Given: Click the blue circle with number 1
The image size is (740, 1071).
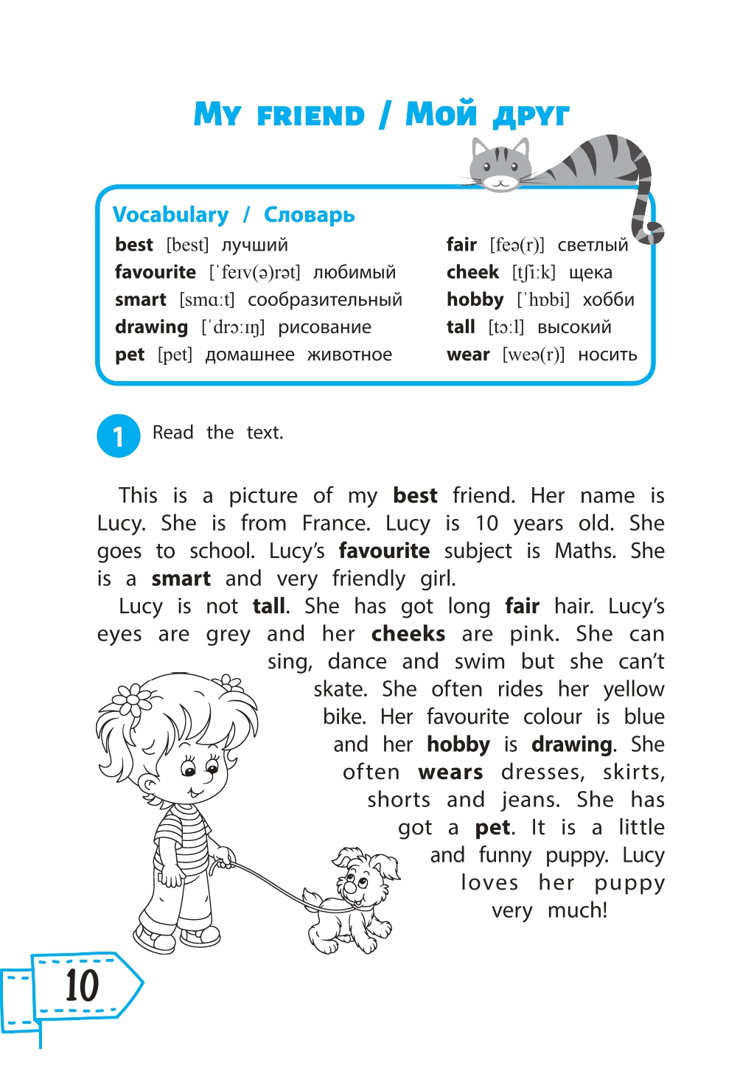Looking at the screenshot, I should pyautogui.click(x=118, y=436).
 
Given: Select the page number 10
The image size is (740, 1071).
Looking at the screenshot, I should pyautogui.click(x=81, y=985).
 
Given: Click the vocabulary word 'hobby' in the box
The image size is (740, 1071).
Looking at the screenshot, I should pyautogui.click(x=475, y=300).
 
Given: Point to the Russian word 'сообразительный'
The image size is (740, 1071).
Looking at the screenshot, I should pyautogui.click(x=324, y=300).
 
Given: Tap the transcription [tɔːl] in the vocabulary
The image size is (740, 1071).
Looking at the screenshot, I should pyautogui.click(x=506, y=327).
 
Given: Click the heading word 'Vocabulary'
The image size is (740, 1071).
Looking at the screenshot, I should pyautogui.click(x=171, y=215).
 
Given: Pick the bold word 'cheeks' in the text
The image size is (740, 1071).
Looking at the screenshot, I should pyautogui.click(x=408, y=635).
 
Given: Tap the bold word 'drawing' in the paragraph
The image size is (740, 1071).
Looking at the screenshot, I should pyautogui.click(x=572, y=745).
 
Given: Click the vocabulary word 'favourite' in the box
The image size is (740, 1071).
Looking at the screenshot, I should pyautogui.click(x=156, y=273).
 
